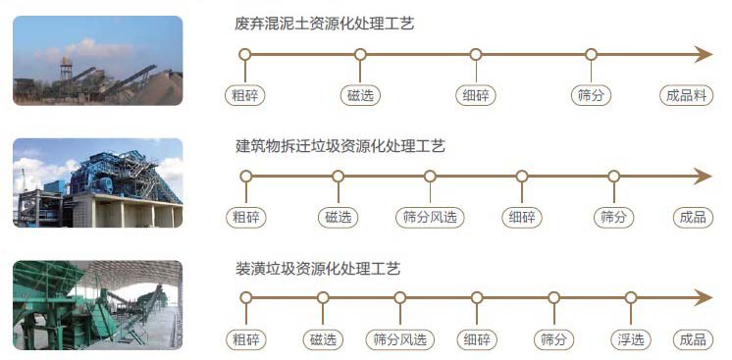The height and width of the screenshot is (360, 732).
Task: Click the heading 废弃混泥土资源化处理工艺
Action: (325, 24)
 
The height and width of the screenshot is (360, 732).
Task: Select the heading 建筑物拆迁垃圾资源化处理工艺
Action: (340, 146)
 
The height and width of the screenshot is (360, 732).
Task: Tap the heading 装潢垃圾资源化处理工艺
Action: (318, 268)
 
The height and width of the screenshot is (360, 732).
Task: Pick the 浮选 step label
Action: (631, 339)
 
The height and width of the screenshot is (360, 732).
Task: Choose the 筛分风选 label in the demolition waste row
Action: (430, 217)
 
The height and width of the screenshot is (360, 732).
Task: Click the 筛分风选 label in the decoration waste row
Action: (400, 339)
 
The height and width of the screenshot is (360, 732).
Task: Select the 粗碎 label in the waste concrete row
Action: (245, 95)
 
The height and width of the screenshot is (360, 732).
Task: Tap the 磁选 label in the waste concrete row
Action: (360, 95)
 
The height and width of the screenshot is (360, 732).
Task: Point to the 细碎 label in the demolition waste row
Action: (522, 217)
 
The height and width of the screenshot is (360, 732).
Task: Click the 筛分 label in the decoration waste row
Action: (553, 339)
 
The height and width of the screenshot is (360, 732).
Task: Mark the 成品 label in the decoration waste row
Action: (693, 339)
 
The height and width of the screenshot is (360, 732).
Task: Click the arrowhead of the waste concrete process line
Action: (703, 55)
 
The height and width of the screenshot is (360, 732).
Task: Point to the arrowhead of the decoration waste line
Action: (703, 298)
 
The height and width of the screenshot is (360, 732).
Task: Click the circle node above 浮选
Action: (631, 298)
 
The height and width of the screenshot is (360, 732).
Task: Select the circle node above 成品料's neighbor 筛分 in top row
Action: (591, 55)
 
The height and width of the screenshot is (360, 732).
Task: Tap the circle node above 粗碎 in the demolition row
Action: (245, 177)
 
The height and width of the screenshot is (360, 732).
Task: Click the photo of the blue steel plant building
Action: (97, 182)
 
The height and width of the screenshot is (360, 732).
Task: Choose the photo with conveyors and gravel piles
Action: (97, 61)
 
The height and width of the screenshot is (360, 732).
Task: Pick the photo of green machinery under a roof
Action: (97, 304)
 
